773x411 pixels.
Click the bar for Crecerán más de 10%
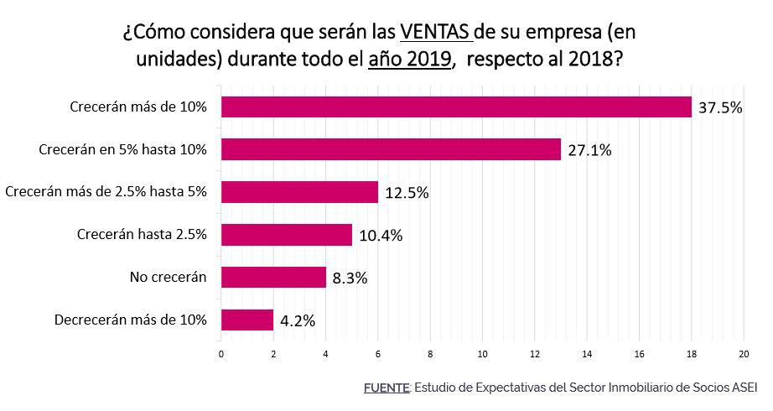(x=455, y=107)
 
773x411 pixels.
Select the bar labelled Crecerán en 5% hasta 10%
(x=390, y=149)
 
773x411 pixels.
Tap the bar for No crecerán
(x=272, y=277)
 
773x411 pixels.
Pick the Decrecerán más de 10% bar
(x=246, y=320)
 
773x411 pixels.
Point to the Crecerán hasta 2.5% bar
(x=286, y=235)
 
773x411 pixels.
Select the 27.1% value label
(x=590, y=151)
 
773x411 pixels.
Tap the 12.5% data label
(x=407, y=193)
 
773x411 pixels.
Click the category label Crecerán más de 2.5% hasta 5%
(x=106, y=192)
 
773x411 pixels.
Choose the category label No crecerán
(x=168, y=277)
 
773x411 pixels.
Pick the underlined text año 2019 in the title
(x=410, y=61)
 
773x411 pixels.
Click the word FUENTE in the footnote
(x=386, y=388)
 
